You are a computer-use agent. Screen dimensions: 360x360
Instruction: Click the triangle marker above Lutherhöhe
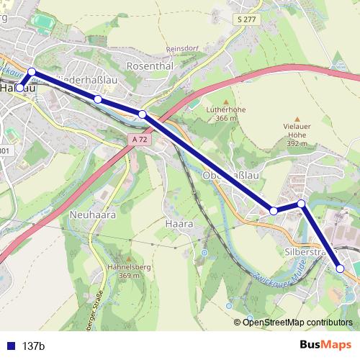[x=225, y=101]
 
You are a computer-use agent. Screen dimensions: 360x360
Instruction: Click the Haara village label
[x=179, y=224]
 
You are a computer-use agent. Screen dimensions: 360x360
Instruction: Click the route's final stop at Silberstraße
[x=341, y=269]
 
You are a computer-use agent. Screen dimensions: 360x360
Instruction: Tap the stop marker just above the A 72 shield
[x=143, y=114]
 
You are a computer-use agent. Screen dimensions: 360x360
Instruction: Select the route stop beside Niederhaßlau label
[x=98, y=99]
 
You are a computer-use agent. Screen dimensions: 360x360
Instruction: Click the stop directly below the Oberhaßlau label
[x=274, y=210]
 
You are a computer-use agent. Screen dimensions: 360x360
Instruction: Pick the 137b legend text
[x=34, y=346]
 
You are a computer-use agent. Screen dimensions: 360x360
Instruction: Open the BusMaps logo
[x=325, y=345]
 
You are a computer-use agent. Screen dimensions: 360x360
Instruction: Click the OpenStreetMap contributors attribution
[x=297, y=322]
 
